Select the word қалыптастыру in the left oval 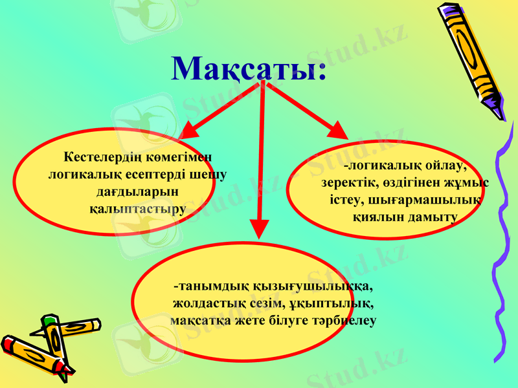coord(137,209)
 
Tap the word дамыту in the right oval coord(433,217)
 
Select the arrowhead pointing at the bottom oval coord(258,229)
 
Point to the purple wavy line coord(502,246)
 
